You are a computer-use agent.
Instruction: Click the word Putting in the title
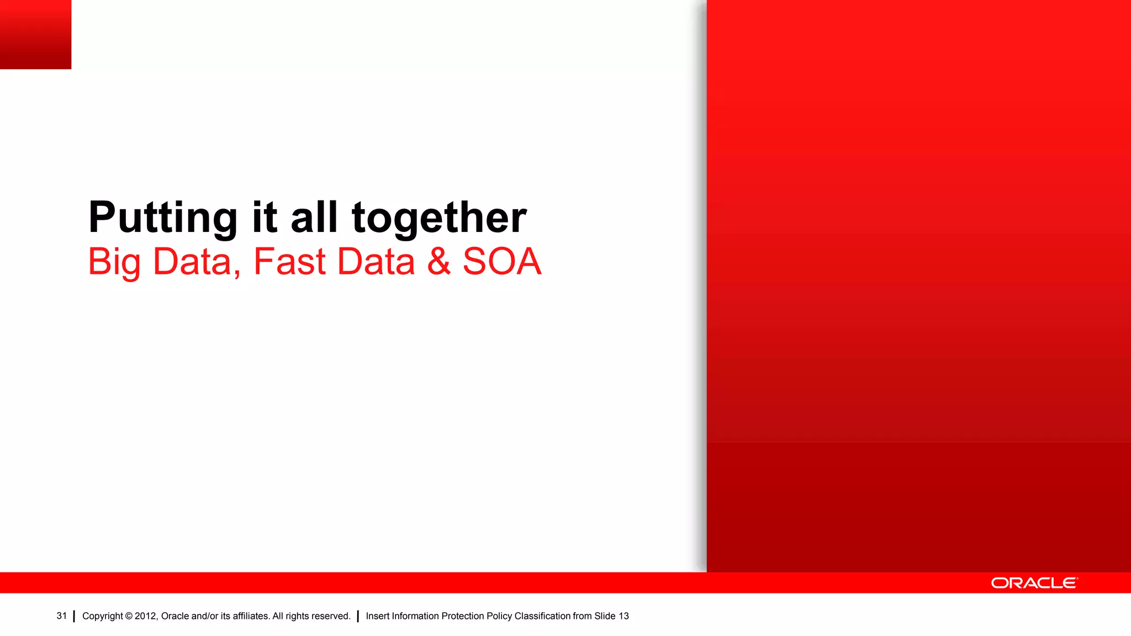(163, 218)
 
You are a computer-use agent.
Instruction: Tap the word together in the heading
(439, 218)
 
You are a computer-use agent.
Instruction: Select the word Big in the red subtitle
(114, 262)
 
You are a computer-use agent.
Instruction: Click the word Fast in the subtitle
(289, 262)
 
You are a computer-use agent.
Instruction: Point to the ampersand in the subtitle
(438, 262)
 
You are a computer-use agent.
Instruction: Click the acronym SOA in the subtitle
(501, 262)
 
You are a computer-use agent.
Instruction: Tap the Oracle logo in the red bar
(1034, 583)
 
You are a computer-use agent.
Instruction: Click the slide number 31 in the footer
(61, 616)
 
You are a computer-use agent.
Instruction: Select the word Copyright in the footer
(102, 616)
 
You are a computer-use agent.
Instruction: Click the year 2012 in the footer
(146, 616)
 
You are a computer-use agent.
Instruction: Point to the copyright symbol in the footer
(129, 616)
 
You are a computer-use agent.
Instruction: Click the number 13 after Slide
(623, 616)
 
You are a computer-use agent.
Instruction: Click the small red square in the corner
(35, 34)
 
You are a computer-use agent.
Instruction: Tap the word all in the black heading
(314, 218)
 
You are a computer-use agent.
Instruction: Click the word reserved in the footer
(331, 616)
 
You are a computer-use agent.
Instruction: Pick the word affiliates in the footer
(251, 616)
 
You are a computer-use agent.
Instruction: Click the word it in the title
(265, 218)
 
